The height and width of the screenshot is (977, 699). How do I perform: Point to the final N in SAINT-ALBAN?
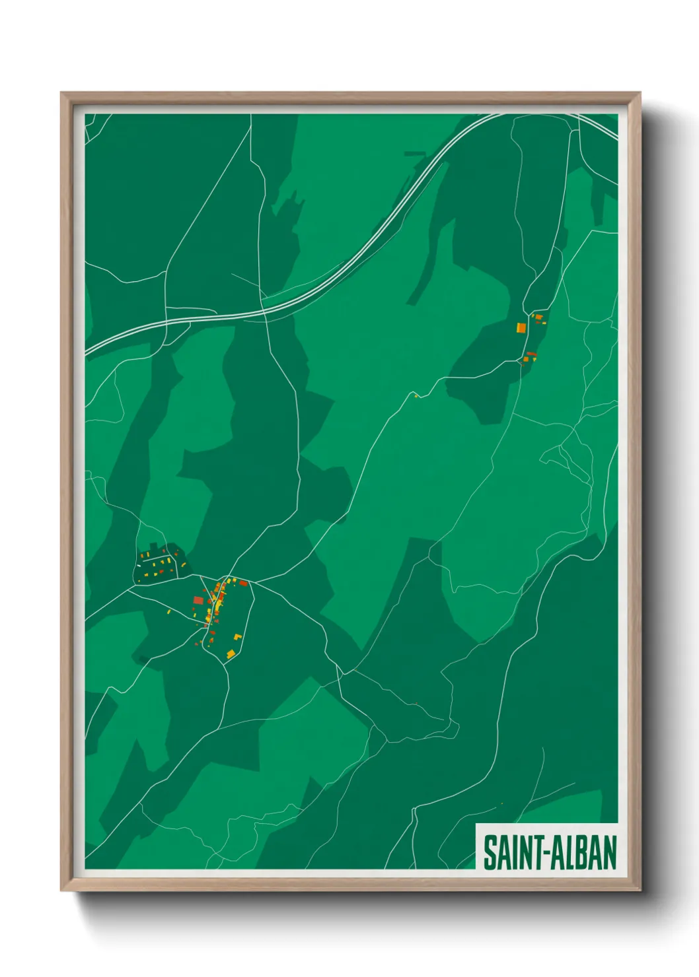coord(610,852)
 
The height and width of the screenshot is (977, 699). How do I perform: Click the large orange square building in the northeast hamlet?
coord(521,327)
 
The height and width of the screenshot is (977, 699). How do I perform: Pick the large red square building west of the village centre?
coord(198,600)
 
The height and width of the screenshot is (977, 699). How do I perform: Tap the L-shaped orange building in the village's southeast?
coord(238,637)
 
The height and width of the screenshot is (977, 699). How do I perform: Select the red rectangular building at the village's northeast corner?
coord(243,584)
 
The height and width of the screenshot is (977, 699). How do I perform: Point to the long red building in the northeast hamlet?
coord(531,354)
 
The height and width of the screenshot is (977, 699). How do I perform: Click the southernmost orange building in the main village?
coord(231,654)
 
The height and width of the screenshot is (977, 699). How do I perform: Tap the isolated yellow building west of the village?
coord(169,612)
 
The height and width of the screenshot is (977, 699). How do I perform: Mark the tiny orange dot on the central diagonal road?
coord(416,395)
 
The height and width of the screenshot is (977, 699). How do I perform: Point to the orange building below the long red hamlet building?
coord(526,360)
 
